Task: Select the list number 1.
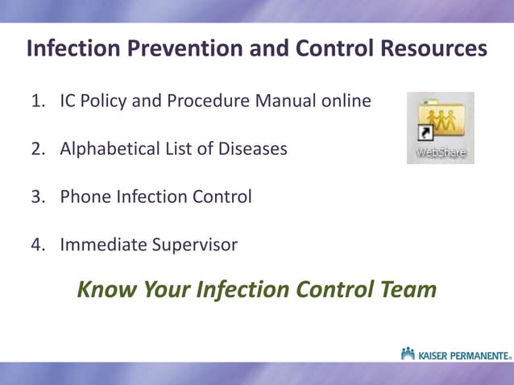point(36,101)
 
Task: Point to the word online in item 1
point(347,101)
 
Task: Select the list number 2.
point(36,149)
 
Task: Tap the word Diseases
point(251,149)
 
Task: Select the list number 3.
point(36,197)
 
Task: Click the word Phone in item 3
point(83,197)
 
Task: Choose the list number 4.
point(36,244)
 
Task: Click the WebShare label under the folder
point(441,151)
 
